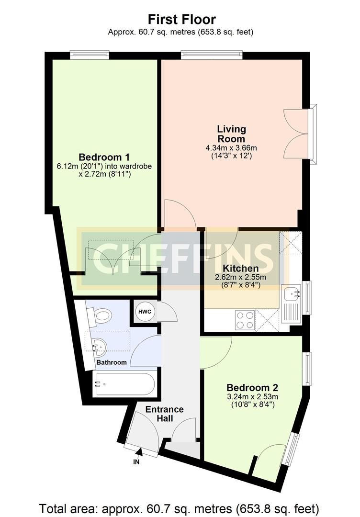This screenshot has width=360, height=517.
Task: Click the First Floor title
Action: click(181, 20)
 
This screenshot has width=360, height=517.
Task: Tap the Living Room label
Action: click(231, 134)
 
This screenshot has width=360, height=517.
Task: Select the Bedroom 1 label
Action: click(104, 157)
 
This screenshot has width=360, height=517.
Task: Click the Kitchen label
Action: click(241, 268)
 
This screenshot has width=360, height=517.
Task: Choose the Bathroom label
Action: click(112, 362)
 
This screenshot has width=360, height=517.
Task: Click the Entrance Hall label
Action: click(164, 414)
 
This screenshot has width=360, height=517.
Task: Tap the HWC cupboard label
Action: click(145, 312)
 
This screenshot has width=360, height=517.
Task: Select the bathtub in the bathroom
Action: click(124, 384)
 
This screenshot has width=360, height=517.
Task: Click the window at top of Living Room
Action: click(211, 56)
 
